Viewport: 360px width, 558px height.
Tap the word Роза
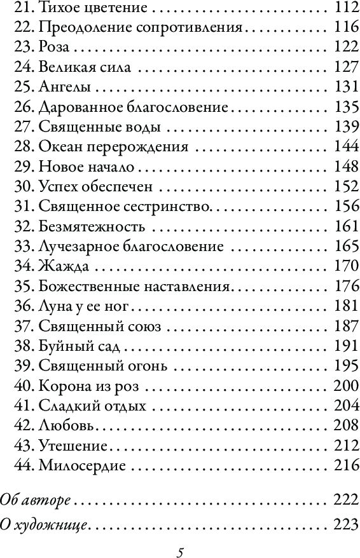(54, 48)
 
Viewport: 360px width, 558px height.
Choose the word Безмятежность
(92, 226)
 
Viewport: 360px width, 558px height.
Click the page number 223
(342, 525)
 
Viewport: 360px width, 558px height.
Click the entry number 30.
(24, 186)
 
